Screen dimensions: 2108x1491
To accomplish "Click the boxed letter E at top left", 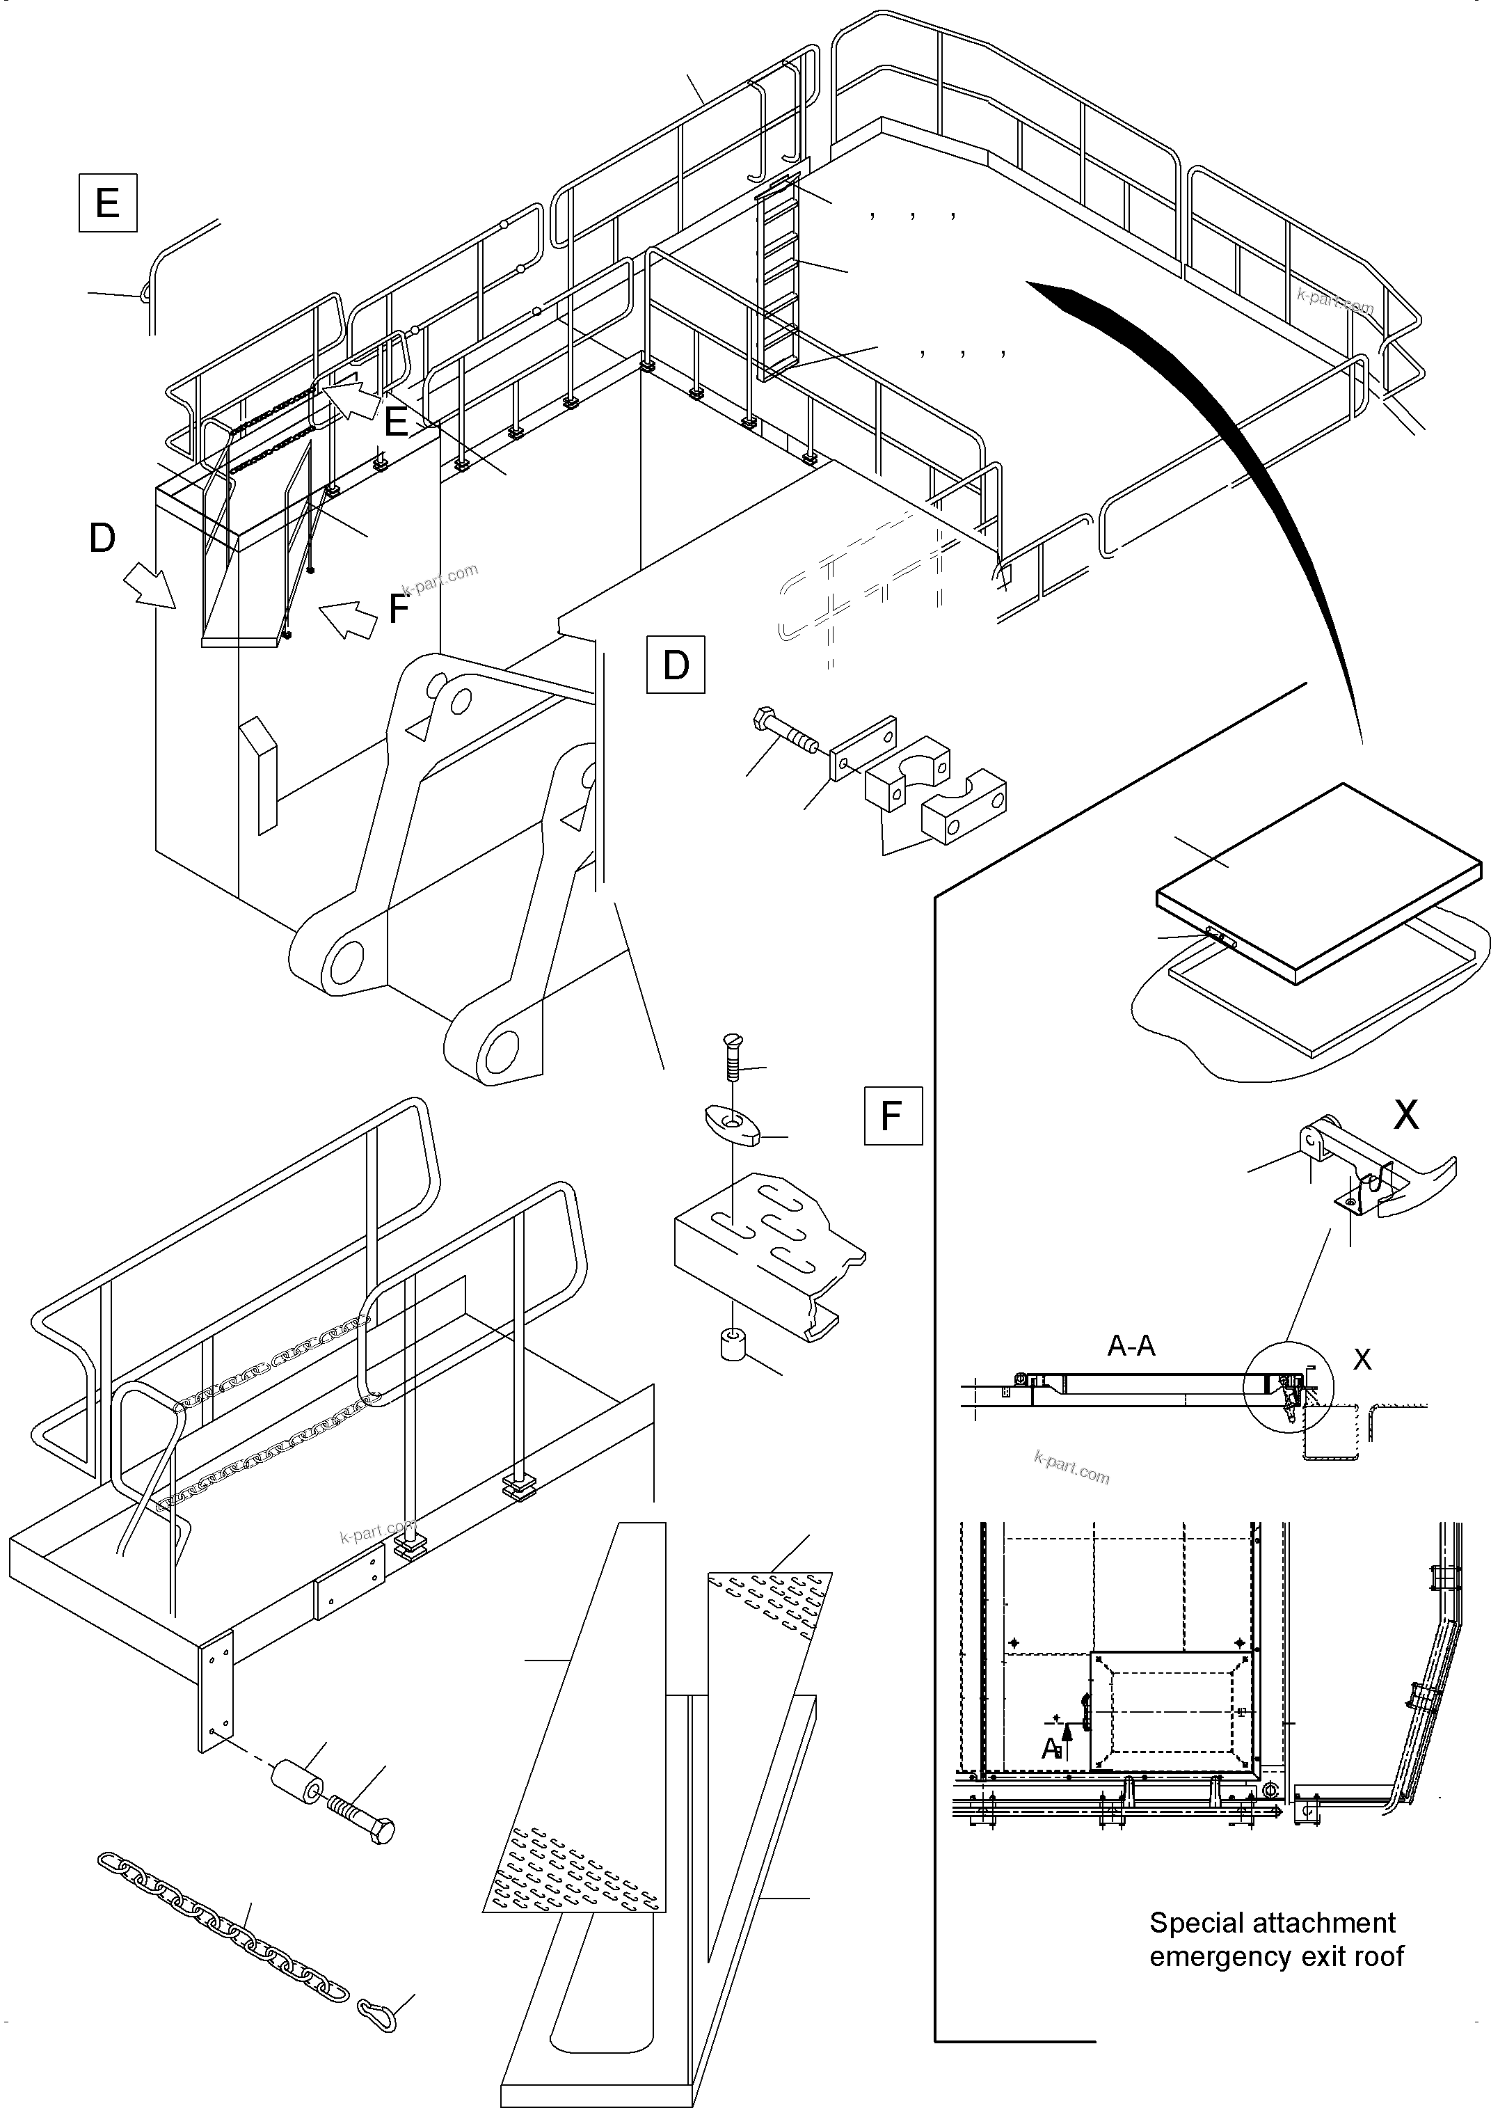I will pos(107,202).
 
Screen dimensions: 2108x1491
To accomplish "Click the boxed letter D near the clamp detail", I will pos(676,664).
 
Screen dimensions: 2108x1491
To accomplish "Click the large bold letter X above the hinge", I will pos(1405,1115).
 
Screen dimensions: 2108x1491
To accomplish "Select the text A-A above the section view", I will pos(1131,1346).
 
